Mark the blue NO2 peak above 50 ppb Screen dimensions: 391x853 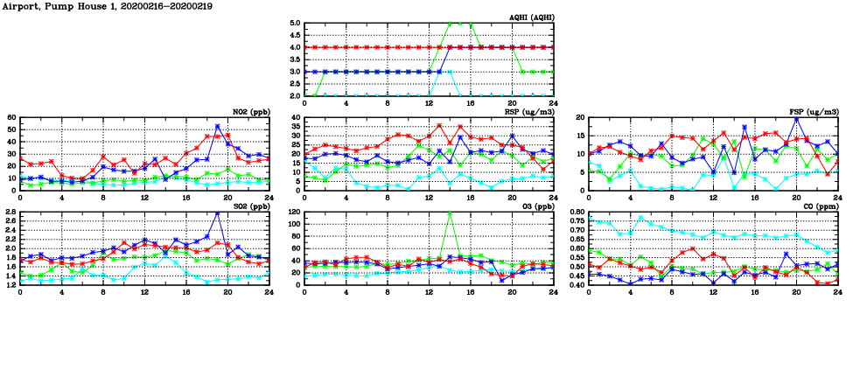[x=218, y=127]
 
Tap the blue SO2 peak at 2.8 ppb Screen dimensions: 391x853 [x=218, y=213]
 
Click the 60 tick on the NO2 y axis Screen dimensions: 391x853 [x=12, y=118]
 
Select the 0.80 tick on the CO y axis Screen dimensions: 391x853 [x=577, y=213]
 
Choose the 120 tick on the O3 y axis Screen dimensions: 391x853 [x=294, y=213]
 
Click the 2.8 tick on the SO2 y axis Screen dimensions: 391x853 [x=10, y=213]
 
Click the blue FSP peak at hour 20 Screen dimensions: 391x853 [x=796, y=119]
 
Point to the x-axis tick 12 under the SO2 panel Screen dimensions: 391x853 [x=144, y=292]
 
